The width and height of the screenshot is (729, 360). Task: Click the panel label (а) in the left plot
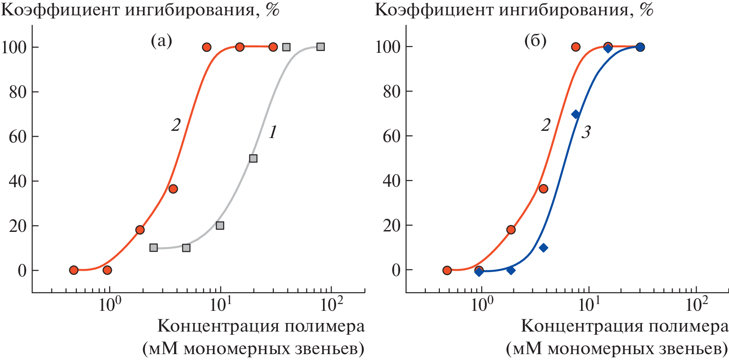(x=161, y=41)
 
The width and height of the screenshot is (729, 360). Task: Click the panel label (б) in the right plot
(x=535, y=41)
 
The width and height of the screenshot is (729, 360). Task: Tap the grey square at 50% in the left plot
(x=253, y=158)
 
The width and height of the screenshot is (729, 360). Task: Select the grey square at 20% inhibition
(x=220, y=226)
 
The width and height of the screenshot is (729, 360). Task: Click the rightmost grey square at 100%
(x=320, y=47)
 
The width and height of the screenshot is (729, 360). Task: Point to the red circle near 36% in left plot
(x=173, y=189)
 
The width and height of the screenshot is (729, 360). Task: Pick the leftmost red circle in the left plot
(x=74, y=270)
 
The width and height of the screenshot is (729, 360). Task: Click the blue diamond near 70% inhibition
(x=576, y=115)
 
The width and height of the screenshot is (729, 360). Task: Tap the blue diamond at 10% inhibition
(x=544, y=248)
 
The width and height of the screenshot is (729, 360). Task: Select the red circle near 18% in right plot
(x=511, y=230)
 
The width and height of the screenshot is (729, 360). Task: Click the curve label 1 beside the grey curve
(x=272, y=132)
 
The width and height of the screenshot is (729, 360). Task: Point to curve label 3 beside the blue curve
(x=586, y=132)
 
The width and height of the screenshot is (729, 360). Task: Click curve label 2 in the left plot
(x=176, y=125)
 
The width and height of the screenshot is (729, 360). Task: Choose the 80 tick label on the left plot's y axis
(x=18, y=92)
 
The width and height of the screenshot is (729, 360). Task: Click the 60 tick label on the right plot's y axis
(x=392, y=136)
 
